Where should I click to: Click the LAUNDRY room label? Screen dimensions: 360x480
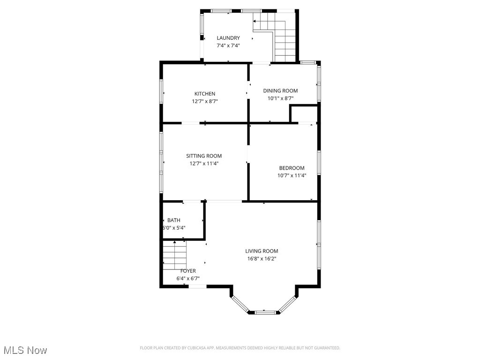pos(228,38)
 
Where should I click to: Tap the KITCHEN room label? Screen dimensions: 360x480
pos(205,94)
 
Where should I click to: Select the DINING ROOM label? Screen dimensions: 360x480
pos(280,91)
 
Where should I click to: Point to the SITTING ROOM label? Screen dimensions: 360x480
pos(204,156)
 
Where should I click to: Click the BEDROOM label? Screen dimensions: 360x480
pos(292,168)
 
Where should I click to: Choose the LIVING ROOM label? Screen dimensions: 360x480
pos(262,251)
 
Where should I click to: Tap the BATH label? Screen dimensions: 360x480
pos(174,220)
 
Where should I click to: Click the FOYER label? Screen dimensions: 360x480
pos(188,271)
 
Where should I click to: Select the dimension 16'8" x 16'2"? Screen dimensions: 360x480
pos(262,259)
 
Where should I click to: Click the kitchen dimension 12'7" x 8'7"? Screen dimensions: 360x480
pos(205,101)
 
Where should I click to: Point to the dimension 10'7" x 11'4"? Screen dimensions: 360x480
pos(292,176)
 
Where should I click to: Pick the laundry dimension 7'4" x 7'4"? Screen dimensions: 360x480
pos(228,45)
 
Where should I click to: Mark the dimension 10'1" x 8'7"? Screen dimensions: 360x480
pos(280,98)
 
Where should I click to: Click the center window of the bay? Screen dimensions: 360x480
pos(263,311)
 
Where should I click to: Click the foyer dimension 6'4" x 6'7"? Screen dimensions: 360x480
pos(188,278)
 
